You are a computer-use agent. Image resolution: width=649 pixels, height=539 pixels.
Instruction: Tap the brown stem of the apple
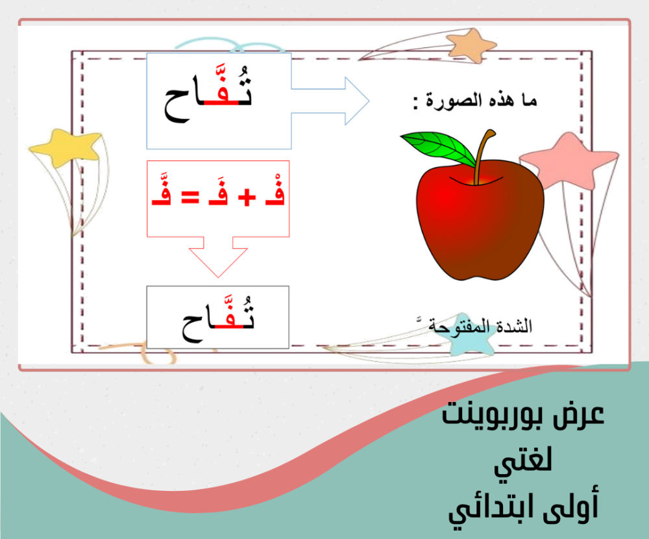pyautogui.click(x=483, y=157)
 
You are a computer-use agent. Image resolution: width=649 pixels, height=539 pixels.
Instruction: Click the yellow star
pyautogui.click(x=66, y=147)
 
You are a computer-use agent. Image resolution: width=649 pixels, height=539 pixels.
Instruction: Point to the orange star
pyautogui.click(x=472, y=45)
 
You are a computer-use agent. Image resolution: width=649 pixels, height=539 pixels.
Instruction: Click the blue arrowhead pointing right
pyautogui.click(x=357, y=101)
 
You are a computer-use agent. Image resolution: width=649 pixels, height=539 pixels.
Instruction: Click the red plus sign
pyautogui.click(x=247, y=197)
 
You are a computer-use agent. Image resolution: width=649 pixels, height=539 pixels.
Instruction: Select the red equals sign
pyautogui.click(x=190, y=197)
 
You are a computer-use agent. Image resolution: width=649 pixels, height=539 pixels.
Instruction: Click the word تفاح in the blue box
pyautogui.click(x=208, y=94)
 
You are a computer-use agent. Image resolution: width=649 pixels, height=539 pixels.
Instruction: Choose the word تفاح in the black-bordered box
pyautogui.click(x=218, y=320)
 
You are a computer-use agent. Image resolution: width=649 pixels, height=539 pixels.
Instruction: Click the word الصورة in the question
pyautogui.click(x=454, y=101)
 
